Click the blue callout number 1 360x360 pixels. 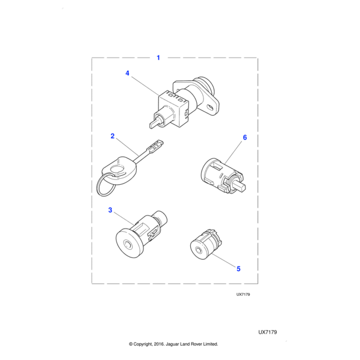pyautogui.click(x=158, y=58)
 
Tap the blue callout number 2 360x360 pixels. pyautogui.click(x=113, y=136)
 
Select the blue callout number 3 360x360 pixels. pyautogui.click(x=110, y=210)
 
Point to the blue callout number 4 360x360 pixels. pyautogui.click(x=127, y=73)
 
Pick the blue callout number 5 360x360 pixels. pyautogui.click(x=239, y=269)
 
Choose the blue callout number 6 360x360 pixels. pyautogui.click(x=245, y=137)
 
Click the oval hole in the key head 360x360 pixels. pyautogui.click(x=117, y=170)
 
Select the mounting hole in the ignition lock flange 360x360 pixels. pyautogui.click(x=211, y=107)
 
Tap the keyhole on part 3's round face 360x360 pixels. pyautogui.click(x=127, y=245)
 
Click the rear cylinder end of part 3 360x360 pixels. pyautogui.click(x=161, y=217)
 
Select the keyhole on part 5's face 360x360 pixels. pyautogui.click(x=199, y=250)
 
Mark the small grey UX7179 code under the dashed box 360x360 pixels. pyautogui.click(x=243, y=295)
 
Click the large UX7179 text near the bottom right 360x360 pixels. pyautogui.click(x=268, y=332)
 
